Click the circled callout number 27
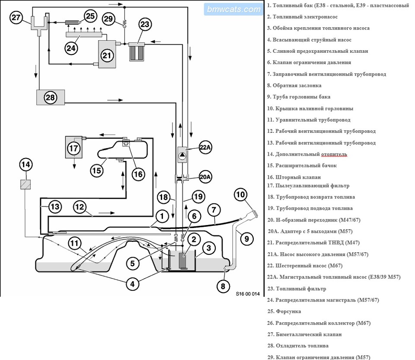(16, 17)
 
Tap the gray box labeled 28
(50, 97)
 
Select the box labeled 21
(106, 55)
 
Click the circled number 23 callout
(145, 24)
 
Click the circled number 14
(26, 164)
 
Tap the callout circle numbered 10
(240, 194)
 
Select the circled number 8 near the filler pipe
(223, 285)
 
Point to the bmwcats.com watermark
(233, 9)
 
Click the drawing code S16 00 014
(248, 294)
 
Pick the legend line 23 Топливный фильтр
(297, 289)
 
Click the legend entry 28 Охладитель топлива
(298, 346)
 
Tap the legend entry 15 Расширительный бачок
(302, 165)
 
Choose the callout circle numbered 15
(97, 170)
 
